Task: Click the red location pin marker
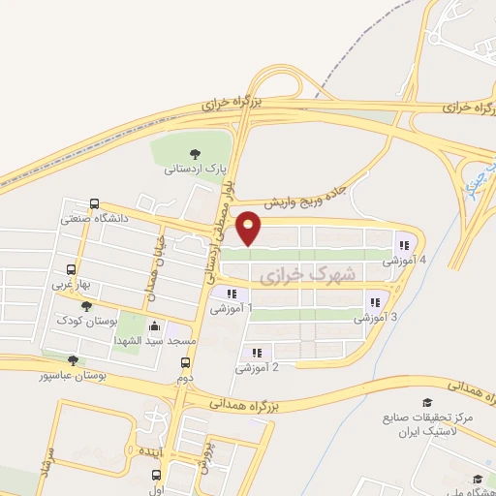[x=250, y=227]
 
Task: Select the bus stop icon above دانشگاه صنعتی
[x=94, y=203]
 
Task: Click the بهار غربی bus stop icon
[x=71, y=270]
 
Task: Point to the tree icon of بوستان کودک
[x=86, y=305]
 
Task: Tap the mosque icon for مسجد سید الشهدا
[x=157, y=326]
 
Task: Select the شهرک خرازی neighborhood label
[x=309, y=276]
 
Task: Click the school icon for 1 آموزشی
[x=231, y=294]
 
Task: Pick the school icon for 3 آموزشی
[x=375, y=303]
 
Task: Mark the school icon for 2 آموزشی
[x=257, y=354]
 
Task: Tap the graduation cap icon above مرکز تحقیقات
[x=427, y=402]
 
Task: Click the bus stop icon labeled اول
[x=157, y=475]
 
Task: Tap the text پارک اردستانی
[x=194, y=168]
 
